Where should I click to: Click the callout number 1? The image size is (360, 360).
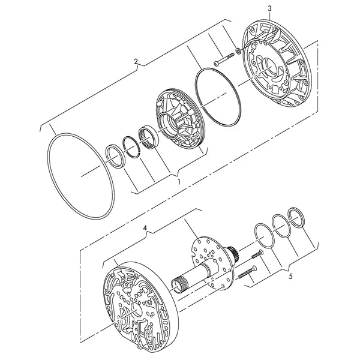[x=179, y=182]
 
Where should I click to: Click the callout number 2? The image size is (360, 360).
[x=136, y=62]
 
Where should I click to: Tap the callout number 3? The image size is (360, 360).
[x=270, y=8]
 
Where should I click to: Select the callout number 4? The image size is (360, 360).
[x=145, y=228]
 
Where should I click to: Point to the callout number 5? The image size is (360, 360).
[x=290, y=277]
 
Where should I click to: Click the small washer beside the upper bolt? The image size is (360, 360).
[x=238, y=51]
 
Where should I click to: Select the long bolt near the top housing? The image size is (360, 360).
[x=224, y=59]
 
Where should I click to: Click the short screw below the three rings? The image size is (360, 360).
[x=257, y=254]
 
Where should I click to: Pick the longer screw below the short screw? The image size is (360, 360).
[x=247, y=272]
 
